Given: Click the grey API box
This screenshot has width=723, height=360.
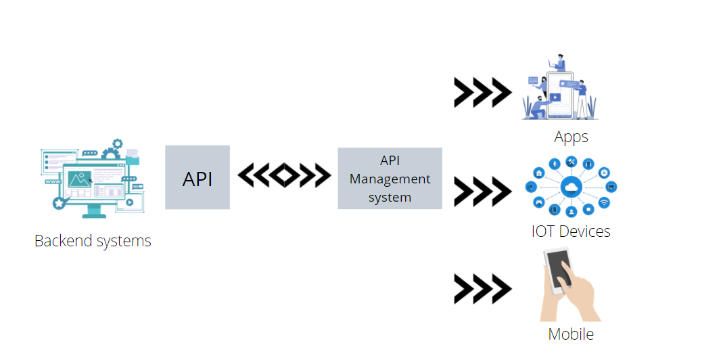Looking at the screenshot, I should tap(197, 177).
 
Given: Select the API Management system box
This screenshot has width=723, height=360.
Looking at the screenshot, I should tap(390, 179).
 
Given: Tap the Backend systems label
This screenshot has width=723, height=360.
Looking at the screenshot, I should tap(93, 240).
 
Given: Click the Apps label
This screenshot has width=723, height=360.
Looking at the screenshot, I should tap(571, 137).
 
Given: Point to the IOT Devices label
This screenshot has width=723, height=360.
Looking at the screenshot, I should tap(571, 231).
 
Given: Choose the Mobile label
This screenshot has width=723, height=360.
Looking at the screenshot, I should tap(571, 334).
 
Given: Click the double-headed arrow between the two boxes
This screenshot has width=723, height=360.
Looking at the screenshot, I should tap(284, 176).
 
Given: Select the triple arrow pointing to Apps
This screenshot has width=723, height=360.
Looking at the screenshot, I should tap(482, 93).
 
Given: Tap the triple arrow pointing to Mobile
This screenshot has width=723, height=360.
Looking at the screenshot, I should tap(482, 289).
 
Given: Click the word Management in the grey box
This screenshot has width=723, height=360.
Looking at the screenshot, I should tap(390, 179).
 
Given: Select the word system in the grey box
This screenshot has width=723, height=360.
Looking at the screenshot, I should tap(390, 197).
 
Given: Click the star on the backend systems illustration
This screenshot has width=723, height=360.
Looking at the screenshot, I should tap(59, 202).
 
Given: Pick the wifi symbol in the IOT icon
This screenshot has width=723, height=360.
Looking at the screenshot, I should tap(604, 202).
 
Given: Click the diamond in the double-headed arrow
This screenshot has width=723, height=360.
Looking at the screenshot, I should tap(284, 176).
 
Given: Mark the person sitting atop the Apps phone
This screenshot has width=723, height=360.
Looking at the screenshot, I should tap(559, 63).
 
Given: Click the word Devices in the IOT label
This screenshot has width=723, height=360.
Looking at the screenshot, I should tap(585, 231).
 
